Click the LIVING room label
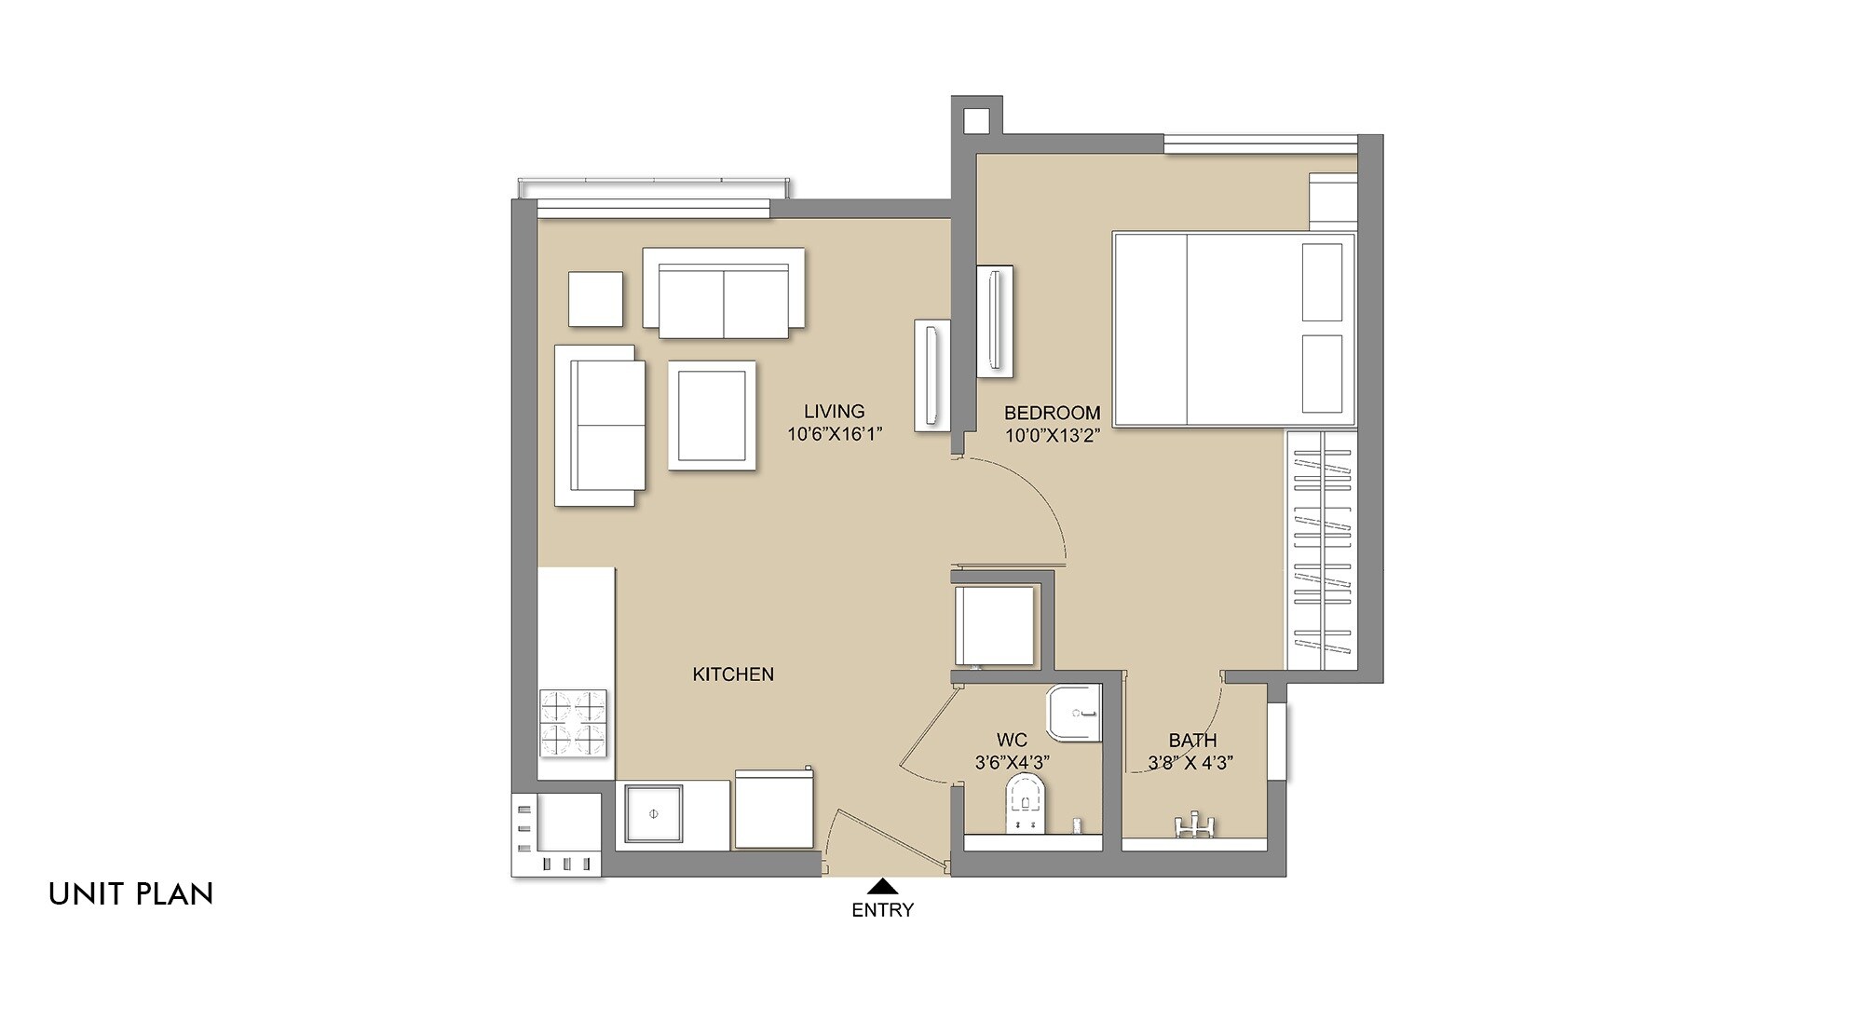(x=834, y=411)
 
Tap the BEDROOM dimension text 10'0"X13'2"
(x=1052, y=434)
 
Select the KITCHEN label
(x=733, y=674)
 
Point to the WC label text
(x=1012, y=740)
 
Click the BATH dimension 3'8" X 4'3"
(x=1190, y=762)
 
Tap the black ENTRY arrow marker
(x=882, y=886)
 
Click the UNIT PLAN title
(x=131, y=894)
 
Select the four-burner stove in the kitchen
(x=573, y=723)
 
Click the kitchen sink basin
(x=654, y=814)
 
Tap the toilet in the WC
(x=1026, y=805)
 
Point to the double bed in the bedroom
(x=1232, y=330)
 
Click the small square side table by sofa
(x=595, y=299)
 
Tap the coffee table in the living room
(x=712, y=415)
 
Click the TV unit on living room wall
(x=931, y=375)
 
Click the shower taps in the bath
(x=1193, y=825)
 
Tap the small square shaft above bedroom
(x=975, y=120)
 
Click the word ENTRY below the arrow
(x=882, y=910)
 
